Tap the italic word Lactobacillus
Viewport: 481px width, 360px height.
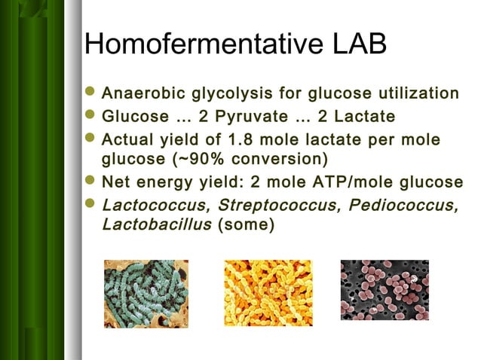click(156, 224)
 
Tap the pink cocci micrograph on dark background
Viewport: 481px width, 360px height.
click(384, 290)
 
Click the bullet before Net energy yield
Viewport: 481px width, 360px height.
click(91, 182)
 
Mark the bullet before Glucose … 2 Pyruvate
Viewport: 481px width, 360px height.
click(91, 117)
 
